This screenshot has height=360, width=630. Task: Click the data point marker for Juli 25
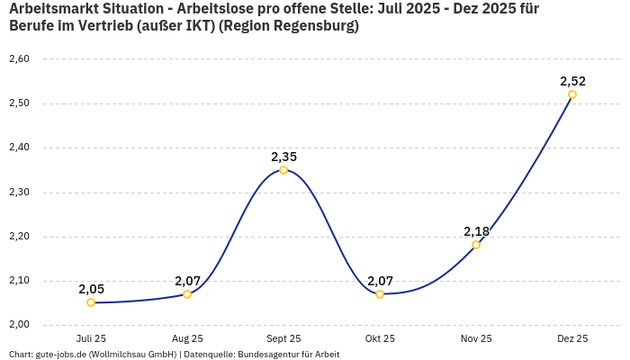coord(91,302)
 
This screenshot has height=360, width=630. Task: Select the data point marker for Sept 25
coord(283,170)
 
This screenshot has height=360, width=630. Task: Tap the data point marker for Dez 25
coord(572,94)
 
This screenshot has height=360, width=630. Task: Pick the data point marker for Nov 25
coord(476,245)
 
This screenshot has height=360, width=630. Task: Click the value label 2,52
coord(572,81)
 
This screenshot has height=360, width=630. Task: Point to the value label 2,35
coord(283,157)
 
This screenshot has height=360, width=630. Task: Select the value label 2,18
coord(476,231)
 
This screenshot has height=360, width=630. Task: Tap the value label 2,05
coord(91,289)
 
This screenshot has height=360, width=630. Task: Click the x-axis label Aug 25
coord(187,338)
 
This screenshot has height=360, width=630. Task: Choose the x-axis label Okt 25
coord(380,338)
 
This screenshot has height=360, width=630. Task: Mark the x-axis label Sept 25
coord(283,338)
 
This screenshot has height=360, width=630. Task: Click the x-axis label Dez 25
coord(572,338)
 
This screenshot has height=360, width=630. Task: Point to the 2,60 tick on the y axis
coord(19,59)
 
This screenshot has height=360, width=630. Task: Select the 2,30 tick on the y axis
coord(19,193)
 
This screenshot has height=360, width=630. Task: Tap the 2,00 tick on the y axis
coord(19,325)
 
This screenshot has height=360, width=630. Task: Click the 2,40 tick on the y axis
coord(19,148)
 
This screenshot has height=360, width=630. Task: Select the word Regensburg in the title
coord(316,26)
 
